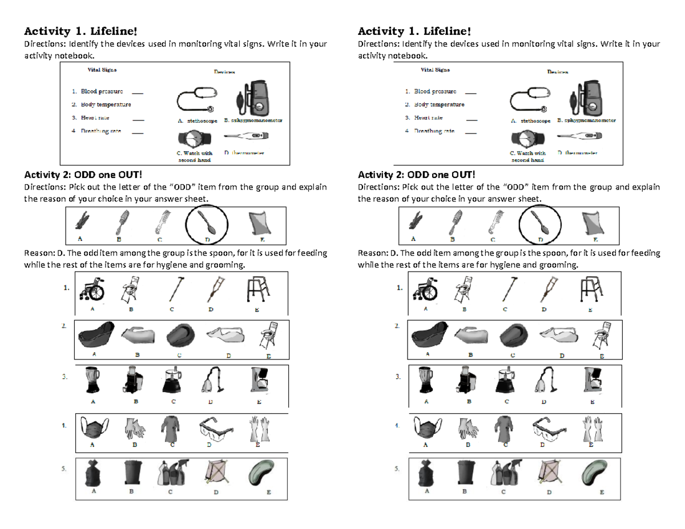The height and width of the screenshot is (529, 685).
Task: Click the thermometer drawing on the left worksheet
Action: pos(246,136)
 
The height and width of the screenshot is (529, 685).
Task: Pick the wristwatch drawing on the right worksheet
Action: pos(529,138)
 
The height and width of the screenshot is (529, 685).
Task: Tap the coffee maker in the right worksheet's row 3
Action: pos(593,380)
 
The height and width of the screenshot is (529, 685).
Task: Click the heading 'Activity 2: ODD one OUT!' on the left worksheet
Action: pos(79,175)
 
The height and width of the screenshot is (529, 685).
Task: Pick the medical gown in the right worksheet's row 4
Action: pos(506,428)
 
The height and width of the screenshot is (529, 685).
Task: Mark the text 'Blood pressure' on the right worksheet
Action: pos(434,91)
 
